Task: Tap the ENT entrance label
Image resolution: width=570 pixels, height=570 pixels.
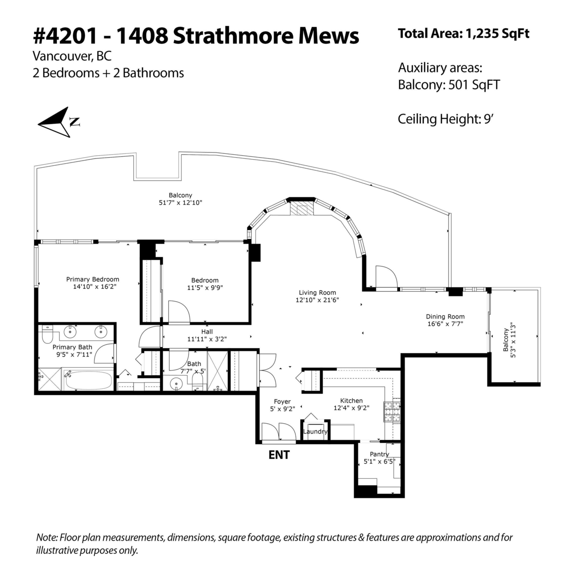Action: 279,455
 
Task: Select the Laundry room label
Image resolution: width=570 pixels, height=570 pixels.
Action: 315,431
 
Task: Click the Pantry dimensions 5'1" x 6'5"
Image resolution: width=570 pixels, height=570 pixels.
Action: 379,461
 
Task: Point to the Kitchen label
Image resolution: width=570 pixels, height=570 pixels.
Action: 351,401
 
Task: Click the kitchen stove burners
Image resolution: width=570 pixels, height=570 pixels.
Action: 392,412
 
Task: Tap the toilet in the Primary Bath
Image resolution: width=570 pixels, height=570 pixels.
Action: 47,335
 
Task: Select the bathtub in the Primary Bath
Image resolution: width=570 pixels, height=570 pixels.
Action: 88,380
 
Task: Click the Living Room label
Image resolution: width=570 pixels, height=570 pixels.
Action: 317,293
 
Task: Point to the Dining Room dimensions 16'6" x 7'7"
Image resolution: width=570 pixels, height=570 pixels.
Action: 445,324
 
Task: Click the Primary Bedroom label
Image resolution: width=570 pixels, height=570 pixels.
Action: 93,279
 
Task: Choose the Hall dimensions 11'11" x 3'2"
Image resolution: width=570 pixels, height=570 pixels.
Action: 207,339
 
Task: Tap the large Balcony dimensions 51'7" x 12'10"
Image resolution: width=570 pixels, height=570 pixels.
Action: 180,202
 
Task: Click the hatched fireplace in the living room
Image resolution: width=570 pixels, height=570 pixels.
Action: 301,209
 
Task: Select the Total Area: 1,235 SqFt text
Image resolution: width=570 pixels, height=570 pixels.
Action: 464,34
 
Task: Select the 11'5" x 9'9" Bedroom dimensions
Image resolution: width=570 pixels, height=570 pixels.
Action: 205,287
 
